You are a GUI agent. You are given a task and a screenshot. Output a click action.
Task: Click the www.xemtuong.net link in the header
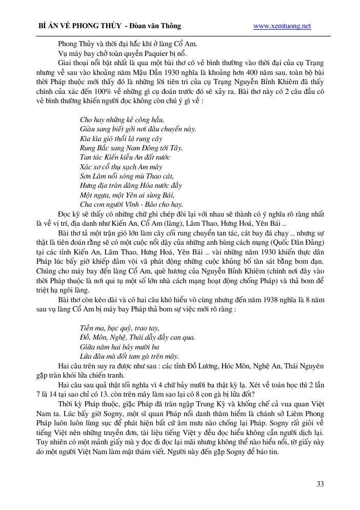(x=282, y=26)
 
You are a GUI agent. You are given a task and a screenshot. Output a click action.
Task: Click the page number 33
(x=320, y=484)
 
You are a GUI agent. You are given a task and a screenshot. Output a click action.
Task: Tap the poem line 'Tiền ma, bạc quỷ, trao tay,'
(x=119, y=327)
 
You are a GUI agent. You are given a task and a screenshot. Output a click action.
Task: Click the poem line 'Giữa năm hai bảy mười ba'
(x=119, y=346)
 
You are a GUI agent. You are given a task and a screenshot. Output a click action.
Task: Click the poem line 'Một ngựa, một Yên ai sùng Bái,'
(x=127, y=194)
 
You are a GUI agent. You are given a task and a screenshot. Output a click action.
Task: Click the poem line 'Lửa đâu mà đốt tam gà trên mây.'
(x=129, y=356)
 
